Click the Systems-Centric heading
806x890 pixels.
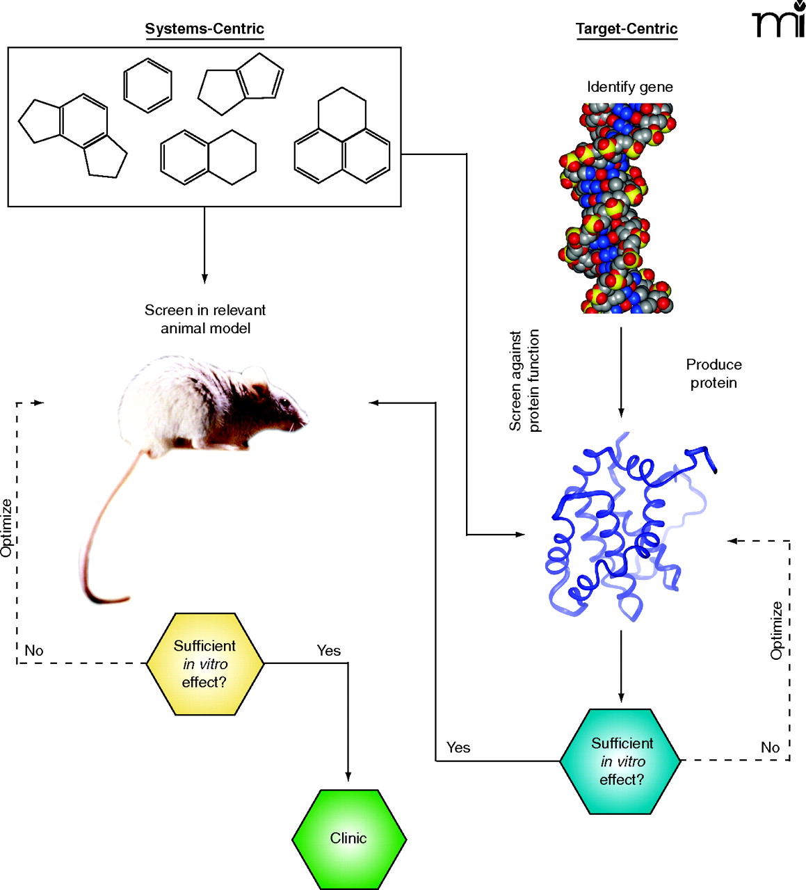coord(204,29)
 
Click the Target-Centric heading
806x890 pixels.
coord(627,29)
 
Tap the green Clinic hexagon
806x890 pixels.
coord(348,839)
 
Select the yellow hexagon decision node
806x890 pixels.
coord(205,664)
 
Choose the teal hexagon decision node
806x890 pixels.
coord(621,761)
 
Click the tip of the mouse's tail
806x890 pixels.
coord(126,599)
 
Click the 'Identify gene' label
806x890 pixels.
coord(629,87)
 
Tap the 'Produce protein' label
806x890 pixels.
coord(714,373)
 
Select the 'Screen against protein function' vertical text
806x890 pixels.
coord(524,381)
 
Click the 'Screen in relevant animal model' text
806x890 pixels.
coord(205,319)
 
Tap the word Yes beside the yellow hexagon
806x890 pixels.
coord(329,651)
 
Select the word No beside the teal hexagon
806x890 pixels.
coord(770,747)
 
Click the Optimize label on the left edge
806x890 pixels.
coord(7,527)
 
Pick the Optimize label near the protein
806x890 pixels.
coord(777,630)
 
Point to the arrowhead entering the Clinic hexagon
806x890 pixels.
coord(348,777)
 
